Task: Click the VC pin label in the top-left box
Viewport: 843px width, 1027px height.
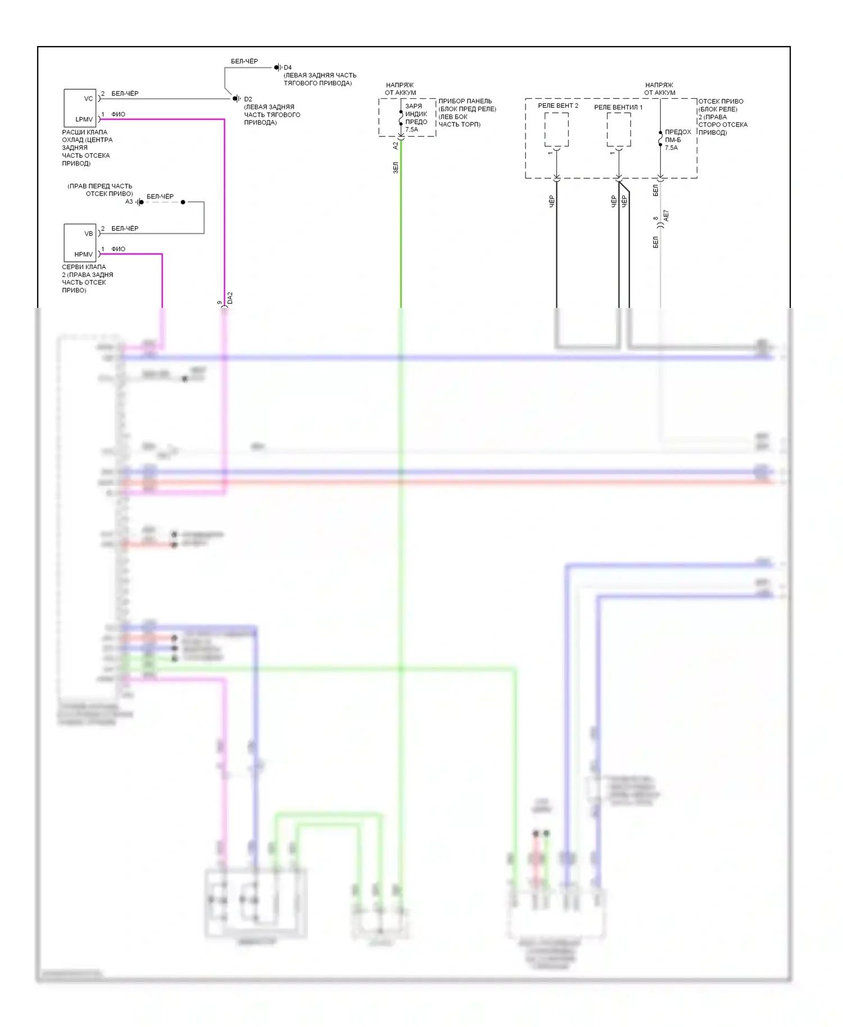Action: pyautogui.click(x=88, y=99)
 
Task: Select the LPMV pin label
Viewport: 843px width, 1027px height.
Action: pyautogui.click(x=84, y=119)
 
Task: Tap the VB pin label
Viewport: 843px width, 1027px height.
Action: pyautogui.click(x=88, y=234)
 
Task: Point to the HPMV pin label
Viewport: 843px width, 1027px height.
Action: pyautogui.click(x=83, y=255)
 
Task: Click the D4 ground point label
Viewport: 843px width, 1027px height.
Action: pyautogui.click(x=288, y=67)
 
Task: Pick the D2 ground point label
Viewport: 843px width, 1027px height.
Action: pyautogui.click(x=248, y=99)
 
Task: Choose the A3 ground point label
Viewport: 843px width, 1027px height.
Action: pyautogui.click(x=129, y=202)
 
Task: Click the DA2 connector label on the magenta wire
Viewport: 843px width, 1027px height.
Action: pyautogui.click(x=230, y=298)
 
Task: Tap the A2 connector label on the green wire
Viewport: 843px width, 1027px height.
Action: pyautogui.click(x=396, y=145)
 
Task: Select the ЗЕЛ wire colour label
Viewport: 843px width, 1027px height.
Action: pyautogui.click(x=396, y=167)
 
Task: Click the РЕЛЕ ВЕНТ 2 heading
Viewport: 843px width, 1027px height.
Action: pyautogui.click(x=558, y=106)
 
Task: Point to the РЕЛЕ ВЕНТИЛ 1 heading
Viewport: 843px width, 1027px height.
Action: pyautogui.click(x=618, y=107)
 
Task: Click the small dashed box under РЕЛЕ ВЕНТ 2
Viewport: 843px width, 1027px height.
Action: pyautogui.click(x=556, y=130)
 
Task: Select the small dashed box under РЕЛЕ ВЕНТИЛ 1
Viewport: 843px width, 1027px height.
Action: pyautogui.click(x=619, y=130)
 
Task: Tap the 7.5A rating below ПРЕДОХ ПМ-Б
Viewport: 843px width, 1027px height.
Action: pyautogui.click(x=671, y=148)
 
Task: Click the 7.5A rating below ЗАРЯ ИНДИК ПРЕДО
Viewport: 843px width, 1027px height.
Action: pyautogui.click(x=412, y=129)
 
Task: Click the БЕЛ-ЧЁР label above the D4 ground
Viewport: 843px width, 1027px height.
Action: pyautogui.click(x=244, y=61)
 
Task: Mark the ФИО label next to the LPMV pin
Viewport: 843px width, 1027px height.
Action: pyautogui.click(x=118, y=115)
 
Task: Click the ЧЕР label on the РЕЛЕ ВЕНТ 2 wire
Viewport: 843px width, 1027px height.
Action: pyautogui.click(x=551, y=201)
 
